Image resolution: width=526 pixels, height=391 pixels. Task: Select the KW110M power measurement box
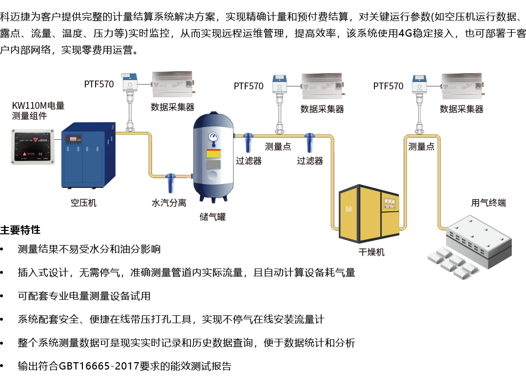33,146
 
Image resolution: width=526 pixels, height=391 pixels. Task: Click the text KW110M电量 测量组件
38,110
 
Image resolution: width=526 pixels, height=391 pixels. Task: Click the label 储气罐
213,217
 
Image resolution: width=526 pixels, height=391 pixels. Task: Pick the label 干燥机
371,252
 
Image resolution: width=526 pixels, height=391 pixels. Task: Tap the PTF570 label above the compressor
99,84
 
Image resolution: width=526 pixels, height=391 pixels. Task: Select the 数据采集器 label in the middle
322,109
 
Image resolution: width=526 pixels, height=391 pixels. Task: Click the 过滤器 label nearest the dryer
310,161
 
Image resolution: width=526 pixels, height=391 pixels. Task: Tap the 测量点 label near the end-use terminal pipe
421,147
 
